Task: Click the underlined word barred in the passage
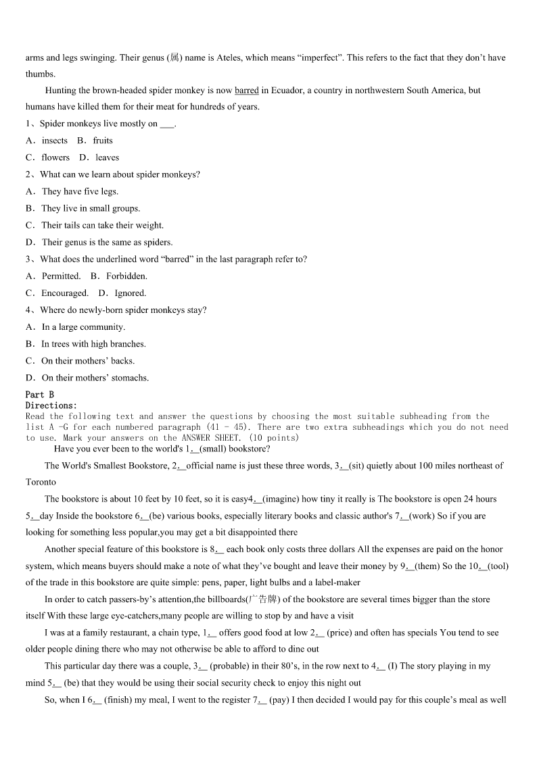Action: [x=247, y=91]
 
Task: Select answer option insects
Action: [x=55, y=141]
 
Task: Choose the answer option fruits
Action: [x=103, y=141]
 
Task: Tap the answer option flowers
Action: [x=55, y=157]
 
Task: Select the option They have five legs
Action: [x=80, y=191]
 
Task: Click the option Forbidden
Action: [x=126, y=276]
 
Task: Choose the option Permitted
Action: [x=61, y=276]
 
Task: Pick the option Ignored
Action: [x=130, y=293]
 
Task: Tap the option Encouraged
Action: [x=65, y=293]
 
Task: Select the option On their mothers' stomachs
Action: [x=95, y=378]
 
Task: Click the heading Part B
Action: [x=39, y=395]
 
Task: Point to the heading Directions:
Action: [x=51, y=406]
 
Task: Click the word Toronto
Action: [x=41, y=483]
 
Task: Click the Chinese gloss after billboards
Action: [x=262, y=599]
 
